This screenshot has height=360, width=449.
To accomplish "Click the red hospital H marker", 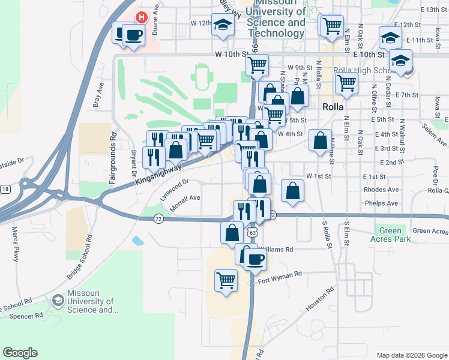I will (141, 17).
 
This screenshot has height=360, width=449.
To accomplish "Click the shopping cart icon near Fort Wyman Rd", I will (226, 280).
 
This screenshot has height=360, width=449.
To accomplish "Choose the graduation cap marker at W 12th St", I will (223, 25).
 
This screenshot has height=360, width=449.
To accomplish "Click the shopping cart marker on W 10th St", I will (258, 64).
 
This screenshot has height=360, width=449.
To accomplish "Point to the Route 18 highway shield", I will (5, 189).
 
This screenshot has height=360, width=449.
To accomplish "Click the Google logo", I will (20, 353).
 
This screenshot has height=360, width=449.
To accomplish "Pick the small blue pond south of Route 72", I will (138, 241).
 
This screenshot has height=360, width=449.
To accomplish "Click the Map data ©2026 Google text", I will (411, 355).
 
